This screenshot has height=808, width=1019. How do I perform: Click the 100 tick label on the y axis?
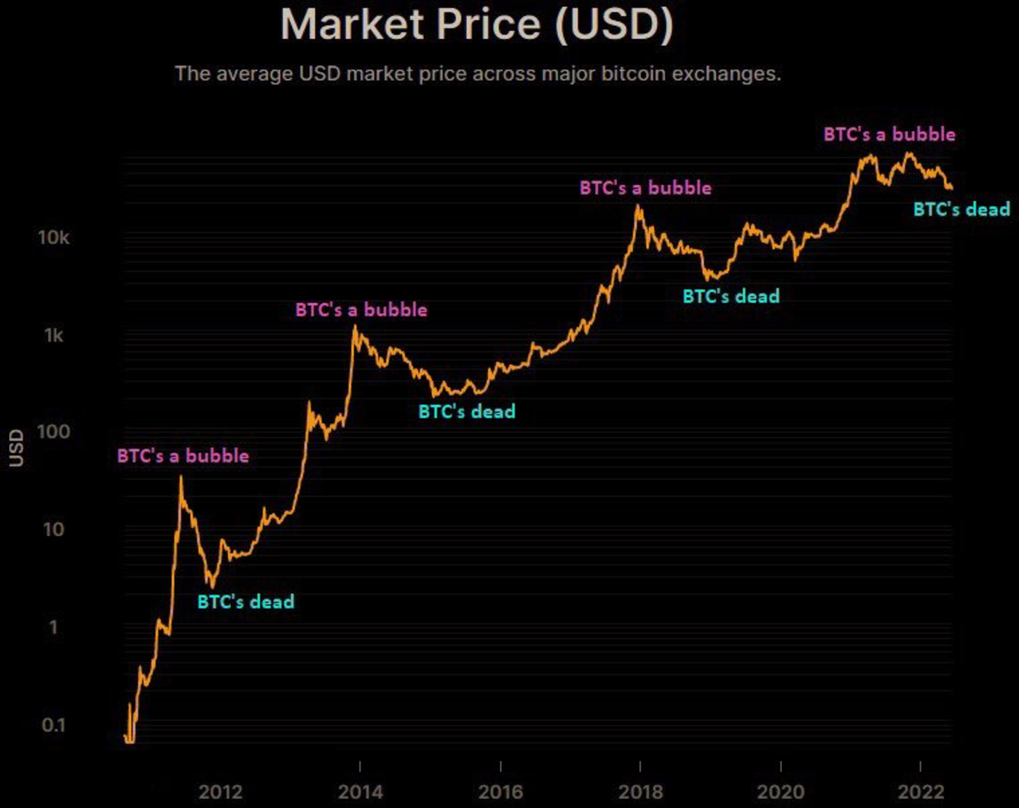50,432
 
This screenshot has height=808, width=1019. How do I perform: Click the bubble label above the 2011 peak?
183,456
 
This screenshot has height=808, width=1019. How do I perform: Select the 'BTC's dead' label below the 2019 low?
731,296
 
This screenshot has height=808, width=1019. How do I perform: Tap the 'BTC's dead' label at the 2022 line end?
961,209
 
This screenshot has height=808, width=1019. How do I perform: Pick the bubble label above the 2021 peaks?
889,134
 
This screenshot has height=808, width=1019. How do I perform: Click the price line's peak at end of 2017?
638,206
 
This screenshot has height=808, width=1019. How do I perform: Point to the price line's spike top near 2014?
354,326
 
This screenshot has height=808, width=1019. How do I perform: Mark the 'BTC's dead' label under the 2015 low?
467,411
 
